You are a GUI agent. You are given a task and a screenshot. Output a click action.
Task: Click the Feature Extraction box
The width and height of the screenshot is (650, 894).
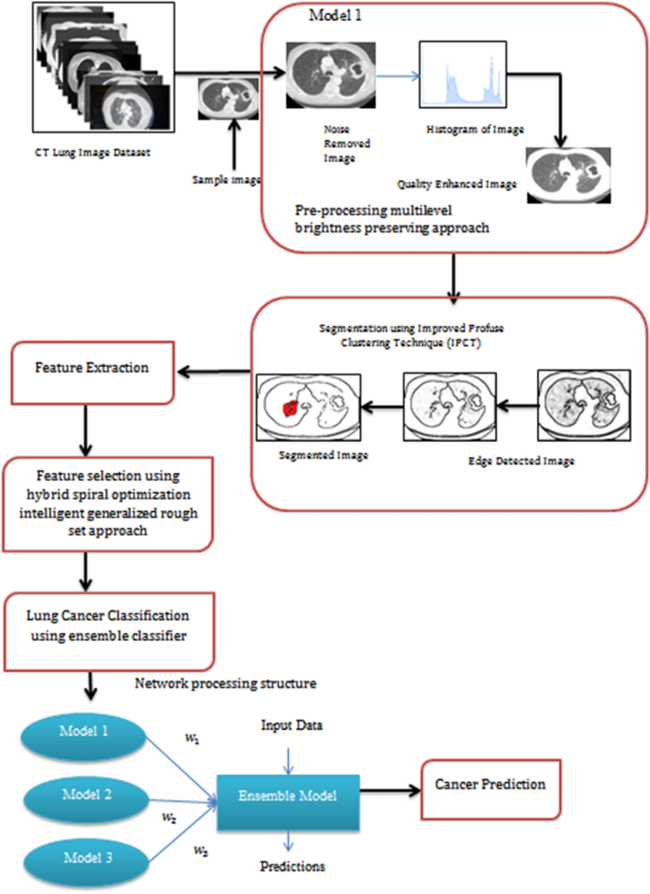click(x=92, y=368)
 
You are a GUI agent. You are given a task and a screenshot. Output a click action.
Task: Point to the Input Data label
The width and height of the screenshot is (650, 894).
click(x=291, y=726)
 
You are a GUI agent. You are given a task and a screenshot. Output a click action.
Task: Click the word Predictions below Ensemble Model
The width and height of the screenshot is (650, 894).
click(x=291, y=867)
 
